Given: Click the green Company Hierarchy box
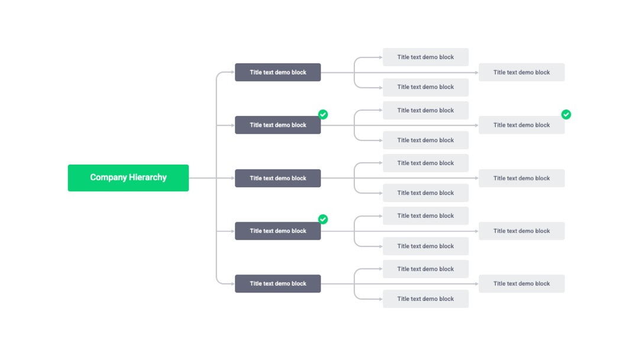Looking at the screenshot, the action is click(128, 178).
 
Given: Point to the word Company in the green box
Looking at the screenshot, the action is click(108, 178).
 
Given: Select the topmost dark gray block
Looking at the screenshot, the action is click(278, 72).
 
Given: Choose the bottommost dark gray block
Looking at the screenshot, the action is click(278, 284).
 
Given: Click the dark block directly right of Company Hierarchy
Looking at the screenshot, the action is click(278, 178).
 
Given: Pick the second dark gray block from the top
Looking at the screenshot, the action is click(278, 125).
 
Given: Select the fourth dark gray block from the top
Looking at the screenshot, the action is click(278, 231).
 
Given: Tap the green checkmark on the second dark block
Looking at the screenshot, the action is click(323, 114).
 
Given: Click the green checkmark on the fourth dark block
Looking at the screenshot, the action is click(323, 219).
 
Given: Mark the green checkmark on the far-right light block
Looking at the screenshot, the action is click(566, 114).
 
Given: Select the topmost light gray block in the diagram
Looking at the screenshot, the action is click(425, 57).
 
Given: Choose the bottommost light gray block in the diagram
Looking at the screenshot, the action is click(425, 299).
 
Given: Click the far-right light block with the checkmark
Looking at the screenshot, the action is click(522, 125).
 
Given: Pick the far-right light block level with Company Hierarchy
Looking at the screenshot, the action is click(522, 178).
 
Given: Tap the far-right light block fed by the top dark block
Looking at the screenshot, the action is click(522, 72).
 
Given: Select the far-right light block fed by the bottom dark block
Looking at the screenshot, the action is click(522, 284).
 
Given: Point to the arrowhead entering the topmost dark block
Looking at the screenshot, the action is click(233, 72).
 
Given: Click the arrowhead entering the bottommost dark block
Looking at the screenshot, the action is click(233, 284).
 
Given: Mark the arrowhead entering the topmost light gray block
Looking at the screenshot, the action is click(380, 57).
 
